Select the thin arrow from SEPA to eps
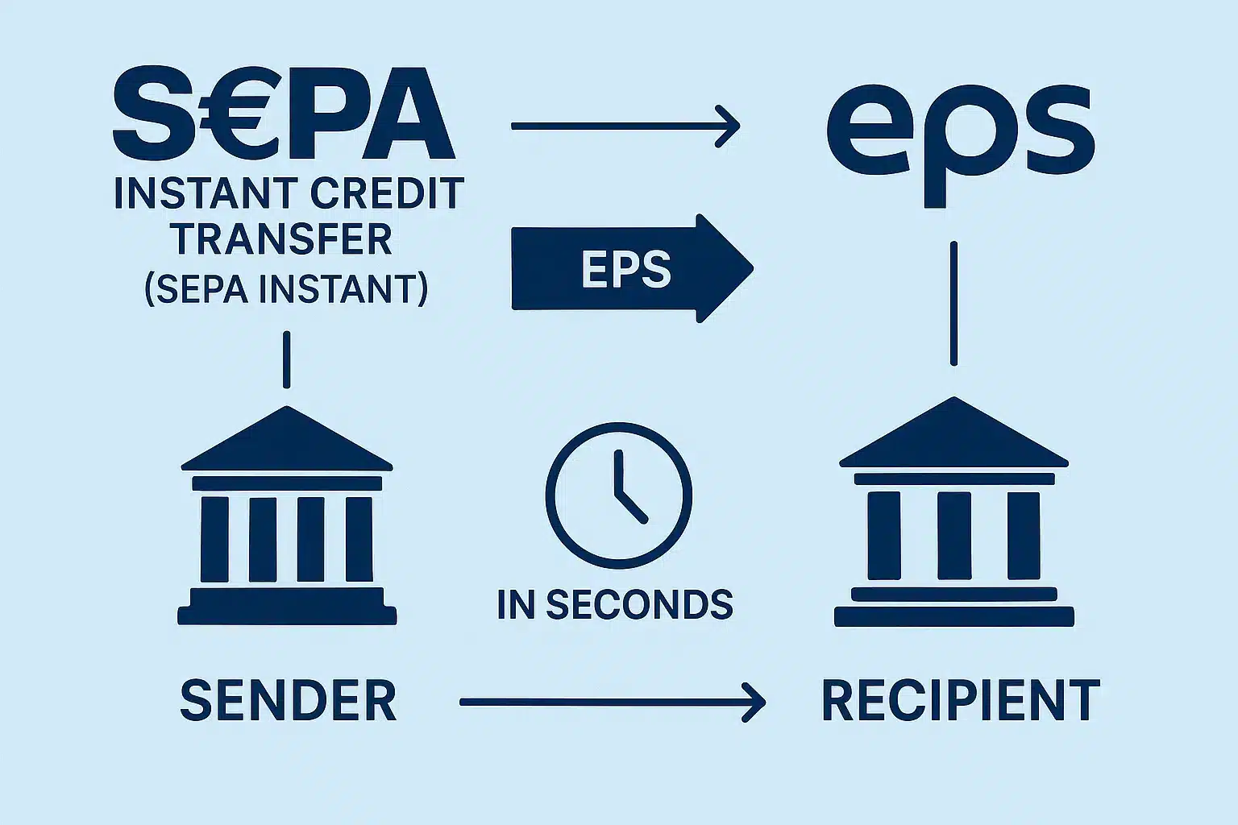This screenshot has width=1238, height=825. coord(625,126)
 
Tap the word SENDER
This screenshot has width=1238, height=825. coord(288,701)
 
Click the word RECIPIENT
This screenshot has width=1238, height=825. coord(960,701)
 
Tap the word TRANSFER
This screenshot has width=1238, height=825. coord(283,240)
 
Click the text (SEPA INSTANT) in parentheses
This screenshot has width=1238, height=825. coord(286,288)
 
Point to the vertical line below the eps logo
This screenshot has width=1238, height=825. coord(953,304)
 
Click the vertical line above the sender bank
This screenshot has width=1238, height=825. coord(286,360)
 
